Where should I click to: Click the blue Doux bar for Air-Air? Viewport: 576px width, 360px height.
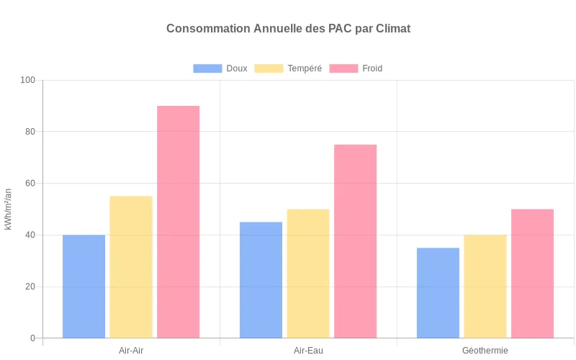tap(84, 287)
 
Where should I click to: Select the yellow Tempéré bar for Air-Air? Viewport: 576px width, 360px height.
tap(131, 267)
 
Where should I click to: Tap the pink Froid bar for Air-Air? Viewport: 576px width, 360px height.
tap(178, 222)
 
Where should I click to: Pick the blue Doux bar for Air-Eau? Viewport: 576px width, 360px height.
tap(261, 280)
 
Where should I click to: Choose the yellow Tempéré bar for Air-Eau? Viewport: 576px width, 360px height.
tap(308, 274)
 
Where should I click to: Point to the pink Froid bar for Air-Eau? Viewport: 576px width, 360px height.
tap(355, 241)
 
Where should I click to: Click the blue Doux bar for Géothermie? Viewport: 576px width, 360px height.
tap(438, 293)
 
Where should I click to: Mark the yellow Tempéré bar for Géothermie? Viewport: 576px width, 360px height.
tap(485, 287)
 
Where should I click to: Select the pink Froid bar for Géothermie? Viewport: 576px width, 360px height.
tap(532, 274)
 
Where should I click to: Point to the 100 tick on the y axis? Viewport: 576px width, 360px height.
tap(28, 80)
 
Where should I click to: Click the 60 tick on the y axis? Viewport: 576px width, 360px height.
tap(30, 184)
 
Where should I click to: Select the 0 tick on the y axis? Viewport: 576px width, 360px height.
tap(32, 338)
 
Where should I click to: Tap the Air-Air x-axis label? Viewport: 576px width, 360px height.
tap(131, 351)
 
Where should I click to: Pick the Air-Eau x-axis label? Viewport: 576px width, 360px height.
tap(308, 351)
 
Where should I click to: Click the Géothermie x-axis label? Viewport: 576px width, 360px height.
tap(485, 351)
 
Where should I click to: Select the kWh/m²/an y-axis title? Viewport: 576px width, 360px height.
tap(8, 209)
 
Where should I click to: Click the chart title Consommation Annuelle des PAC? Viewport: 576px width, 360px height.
tap(288, 29)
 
